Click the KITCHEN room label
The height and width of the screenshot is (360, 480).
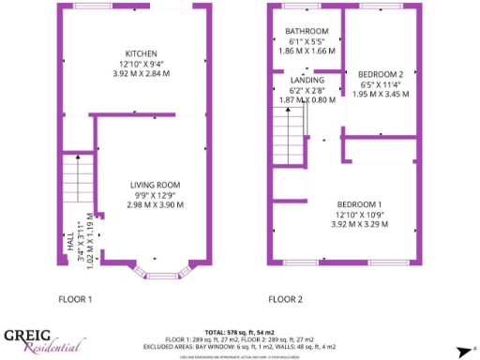(x=141, y=53)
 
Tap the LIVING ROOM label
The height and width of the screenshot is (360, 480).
(x=155, y=185)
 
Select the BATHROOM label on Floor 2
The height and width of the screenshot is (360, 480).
(x=307, y=32)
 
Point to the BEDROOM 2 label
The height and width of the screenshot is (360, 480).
(x=381, y=75)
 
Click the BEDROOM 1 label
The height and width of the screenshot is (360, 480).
(x=360, y=204)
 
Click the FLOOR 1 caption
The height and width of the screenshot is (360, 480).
(x=76, y=300)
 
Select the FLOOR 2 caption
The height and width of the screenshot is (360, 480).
(x=285, y=300)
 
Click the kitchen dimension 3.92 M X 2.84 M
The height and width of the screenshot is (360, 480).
(x=141, y=73)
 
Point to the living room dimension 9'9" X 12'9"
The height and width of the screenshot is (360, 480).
(x=155, y=195)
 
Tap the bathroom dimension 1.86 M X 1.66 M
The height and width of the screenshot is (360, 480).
(x=307, y=52)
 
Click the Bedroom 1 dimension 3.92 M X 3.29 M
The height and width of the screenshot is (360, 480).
(x=360, y=225)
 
